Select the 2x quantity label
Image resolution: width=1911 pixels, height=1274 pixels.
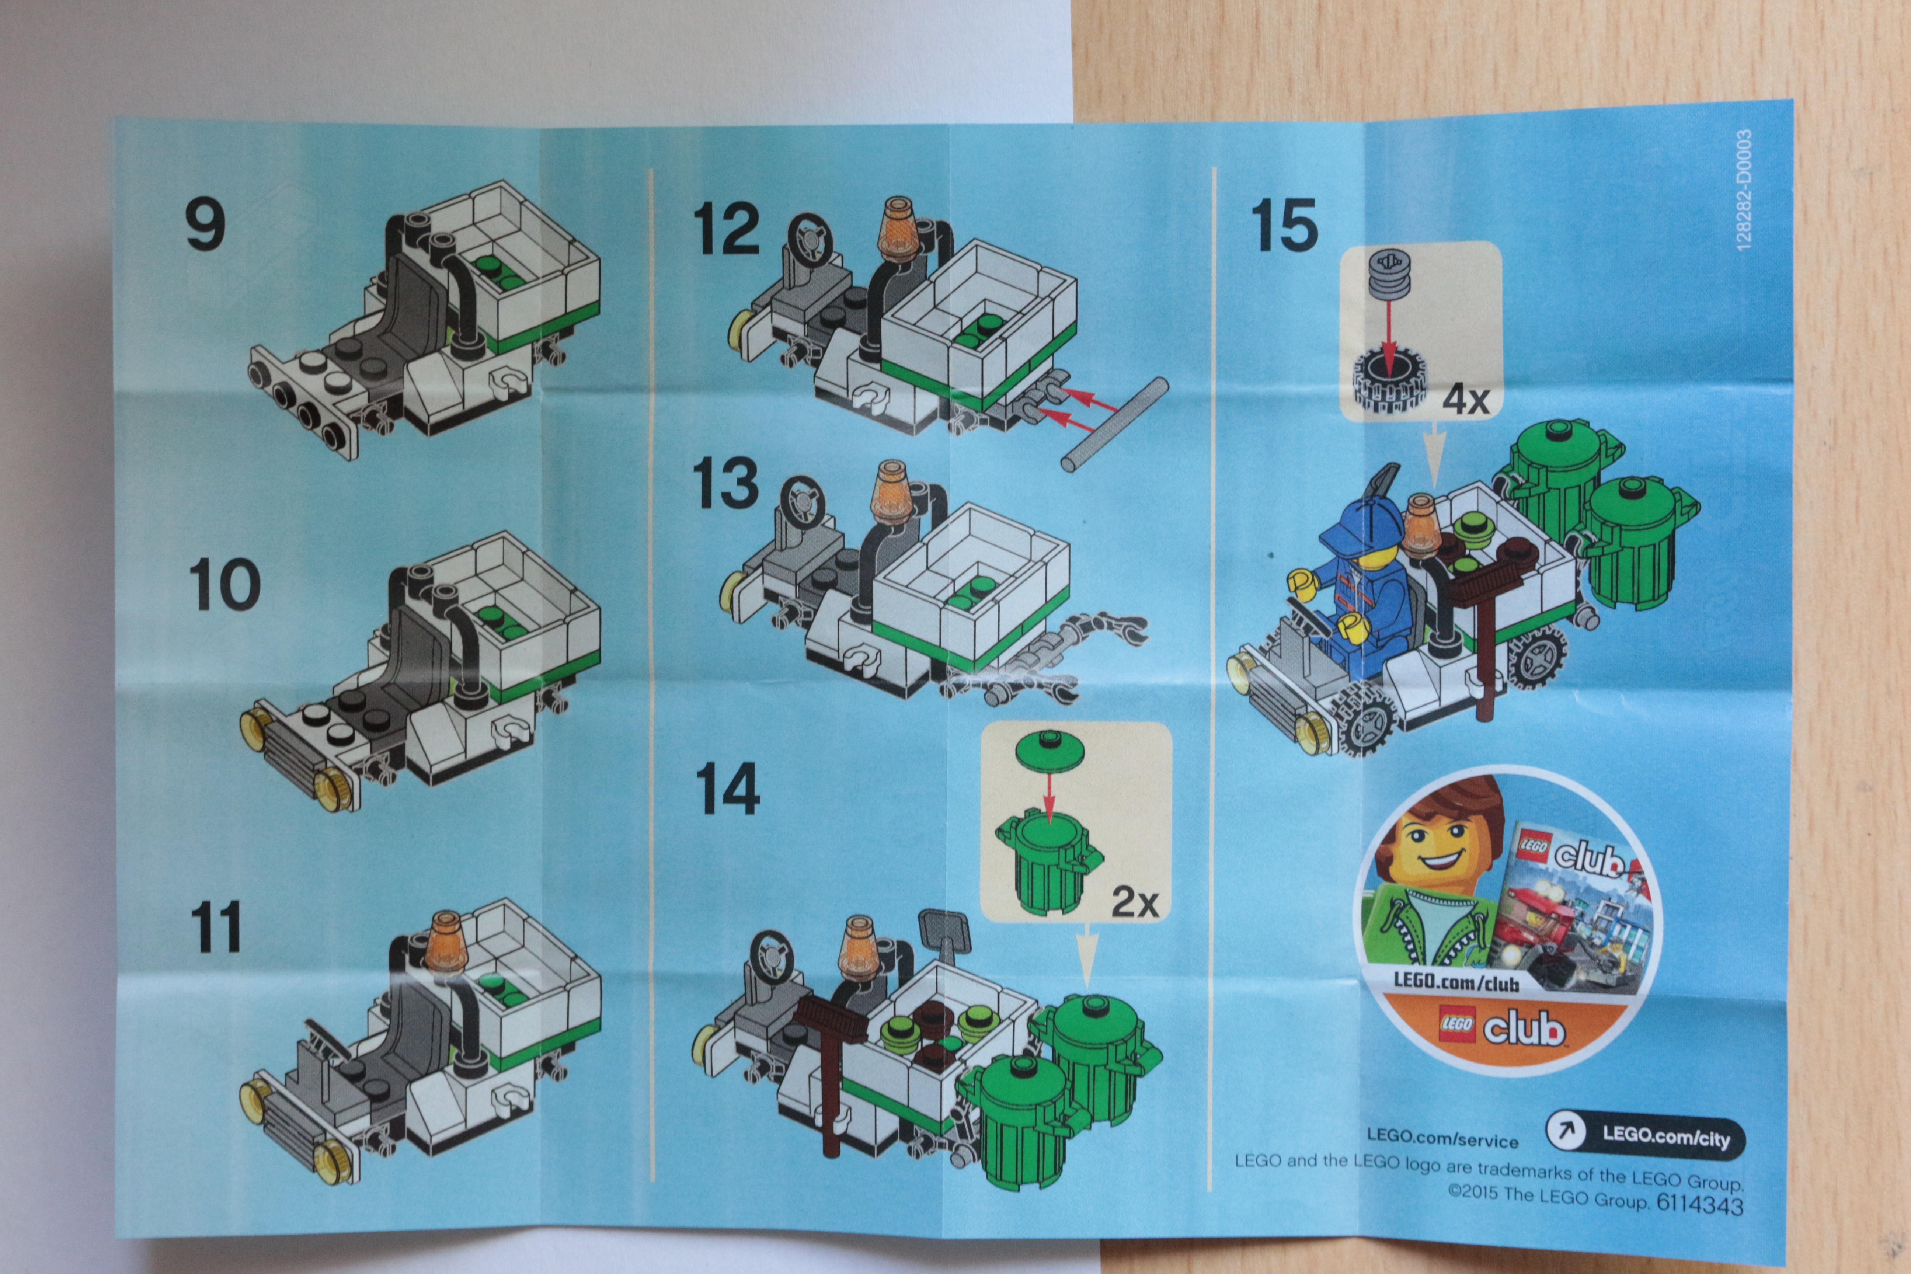click(x=1135, y=902)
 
